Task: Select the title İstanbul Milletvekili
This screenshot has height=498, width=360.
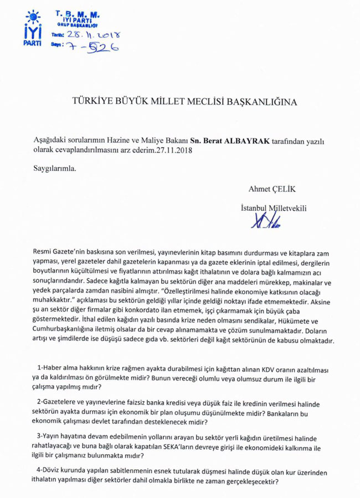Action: [274, 208]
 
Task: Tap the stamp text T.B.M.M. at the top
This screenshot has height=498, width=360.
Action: [78, 13]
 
